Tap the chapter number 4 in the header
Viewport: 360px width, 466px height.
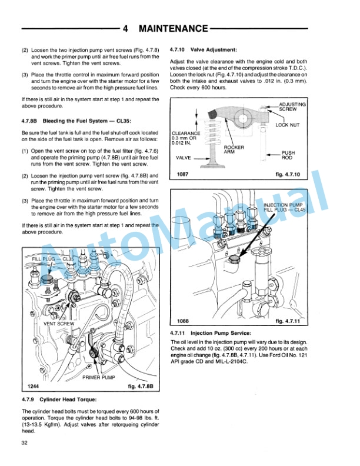pos(126,28)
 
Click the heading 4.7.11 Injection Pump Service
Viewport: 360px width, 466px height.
pos(214,333)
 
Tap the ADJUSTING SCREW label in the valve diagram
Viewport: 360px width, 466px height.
pos(292,106)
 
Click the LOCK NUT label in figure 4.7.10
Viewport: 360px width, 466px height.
pos(287,125)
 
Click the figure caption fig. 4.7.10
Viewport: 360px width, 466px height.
pos(288,175)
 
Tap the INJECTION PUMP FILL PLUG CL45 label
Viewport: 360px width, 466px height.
pos(285,207)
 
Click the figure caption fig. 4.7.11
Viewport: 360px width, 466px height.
pos(288,321)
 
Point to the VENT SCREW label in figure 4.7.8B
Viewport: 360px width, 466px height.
pos(59,324)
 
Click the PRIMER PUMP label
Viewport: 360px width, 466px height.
pos(98,377)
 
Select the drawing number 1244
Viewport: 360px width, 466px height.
pos(34,387)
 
